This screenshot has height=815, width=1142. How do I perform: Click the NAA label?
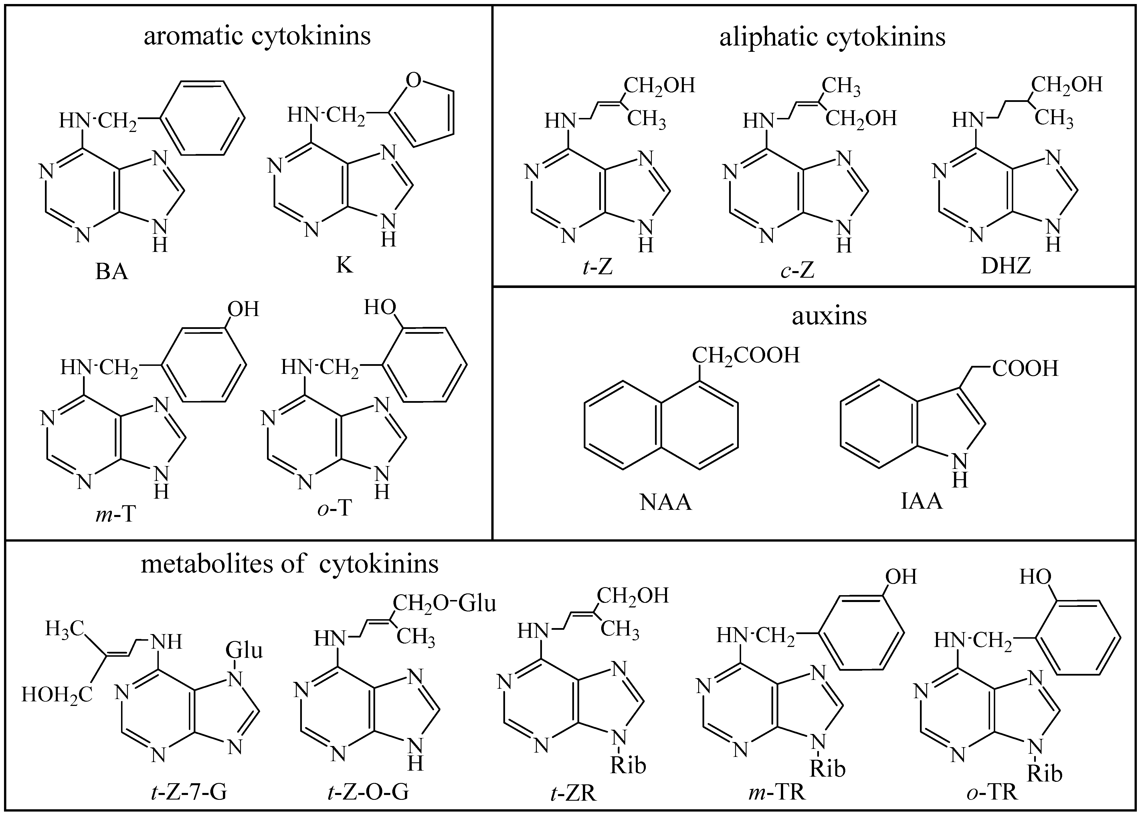click(666, 502)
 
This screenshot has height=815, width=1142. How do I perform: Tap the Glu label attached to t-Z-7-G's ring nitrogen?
click(244, 650)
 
